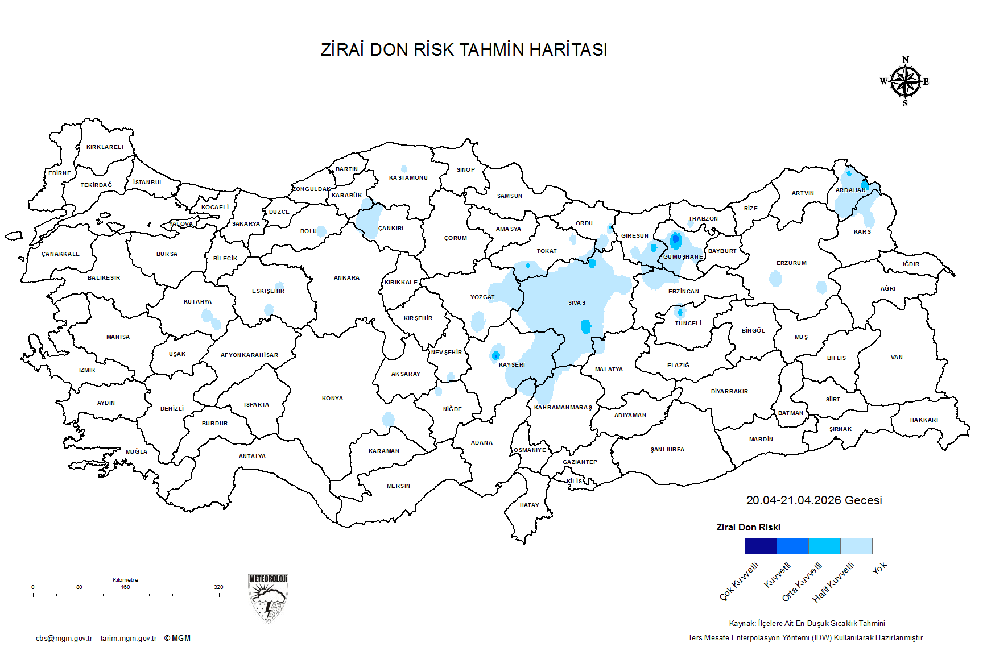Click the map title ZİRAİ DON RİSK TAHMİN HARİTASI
pyautogui.click(x=464, y=50)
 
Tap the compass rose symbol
pyautogui.click(x=905, y=82)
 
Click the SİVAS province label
pyautogui.click(x=576, y=302)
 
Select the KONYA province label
pyautogui.click(x=332, y=398)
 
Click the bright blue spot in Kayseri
pyautogui.click(x=495, y=355)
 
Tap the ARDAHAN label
pyautogui.click(x=850, y=190)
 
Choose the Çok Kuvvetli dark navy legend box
pyautogui.click(x=760, y=546)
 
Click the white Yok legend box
pyautogui.click(x=888, y=546)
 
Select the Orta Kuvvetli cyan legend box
pyautogui.click(x=824, y=546)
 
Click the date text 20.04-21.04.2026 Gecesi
pyautogui.click(x=813, y=500)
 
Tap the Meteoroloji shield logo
pyautogui.click(x=268, y=598)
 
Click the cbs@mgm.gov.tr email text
pyautogui.click(x=64, y=638)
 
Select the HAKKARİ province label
pyautogui.click(x=923, y=420)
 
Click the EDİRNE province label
pyautogui.click(x=60, y=173)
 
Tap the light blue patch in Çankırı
pyautogui.click(x=370, y=219)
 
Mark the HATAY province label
pyautogui.click(x=529, y=505)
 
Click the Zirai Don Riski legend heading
pyautogui.click(x=748, y=527)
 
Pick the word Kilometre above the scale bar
pyautogui.click(x=125, y=579)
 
